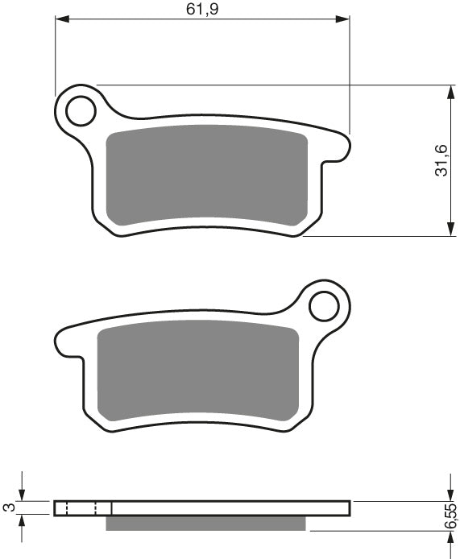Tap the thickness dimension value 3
click(x=9, y=507)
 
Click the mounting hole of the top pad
click(x=81, y=110)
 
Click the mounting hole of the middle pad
click(x=325, y=306)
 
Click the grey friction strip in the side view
click(x=206, y=524)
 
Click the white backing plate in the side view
click(x=234, y=507)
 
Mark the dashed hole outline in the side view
click(x=81, y=507)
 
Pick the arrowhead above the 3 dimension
click(x=23, y=494)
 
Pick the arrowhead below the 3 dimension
click(x=23, y=521)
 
